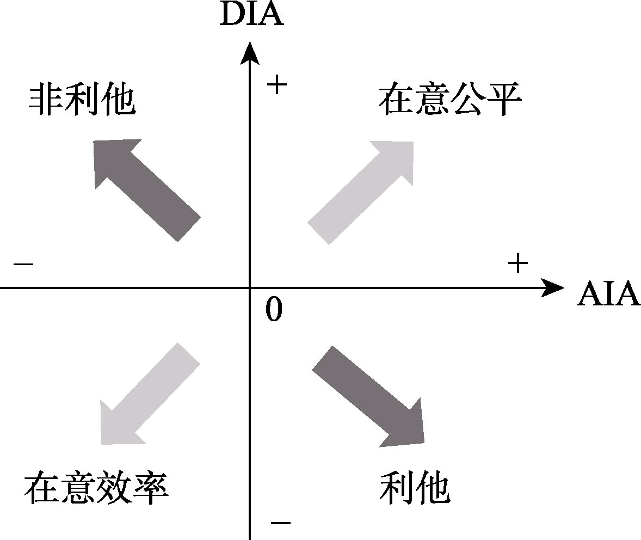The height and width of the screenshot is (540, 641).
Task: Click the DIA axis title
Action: (x=251, y=14)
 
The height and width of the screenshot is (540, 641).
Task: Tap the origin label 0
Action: (x=274, y=310)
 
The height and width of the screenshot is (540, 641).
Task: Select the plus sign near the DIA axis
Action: (x=276, y=85)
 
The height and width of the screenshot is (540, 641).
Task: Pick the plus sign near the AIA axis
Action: (x=517, y=264)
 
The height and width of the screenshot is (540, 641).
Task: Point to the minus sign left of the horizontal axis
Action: (x=23, y=265)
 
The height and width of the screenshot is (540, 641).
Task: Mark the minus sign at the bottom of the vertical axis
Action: (x=280, y=523)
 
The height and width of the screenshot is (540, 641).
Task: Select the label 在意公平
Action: (x=449, y=100)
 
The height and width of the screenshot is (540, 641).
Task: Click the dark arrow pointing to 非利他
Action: (x=144, y=188)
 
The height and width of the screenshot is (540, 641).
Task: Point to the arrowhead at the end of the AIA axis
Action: (x=553, y=287)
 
